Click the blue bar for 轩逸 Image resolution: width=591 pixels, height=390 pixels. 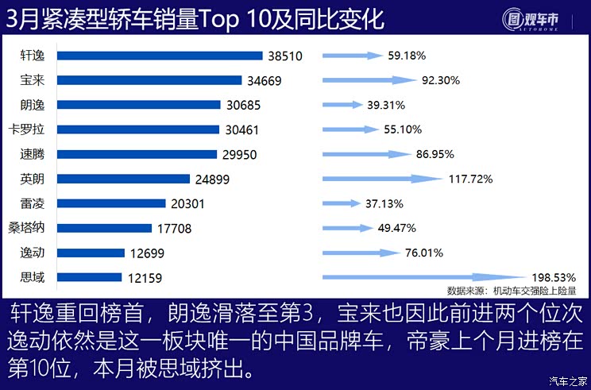tap(159, 56)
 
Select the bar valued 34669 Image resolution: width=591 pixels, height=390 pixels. tap(149, 80)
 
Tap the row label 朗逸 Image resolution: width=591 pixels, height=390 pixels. tap(33, 105)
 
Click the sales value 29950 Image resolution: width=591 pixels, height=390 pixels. tap(238, 154)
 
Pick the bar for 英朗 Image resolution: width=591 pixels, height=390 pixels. tap(123, 179)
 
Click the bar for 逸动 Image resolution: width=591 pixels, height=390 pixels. tap(91, 253)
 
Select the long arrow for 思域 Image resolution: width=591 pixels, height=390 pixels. tap(421, 277)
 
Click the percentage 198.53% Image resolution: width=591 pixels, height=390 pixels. tap(552, 277)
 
